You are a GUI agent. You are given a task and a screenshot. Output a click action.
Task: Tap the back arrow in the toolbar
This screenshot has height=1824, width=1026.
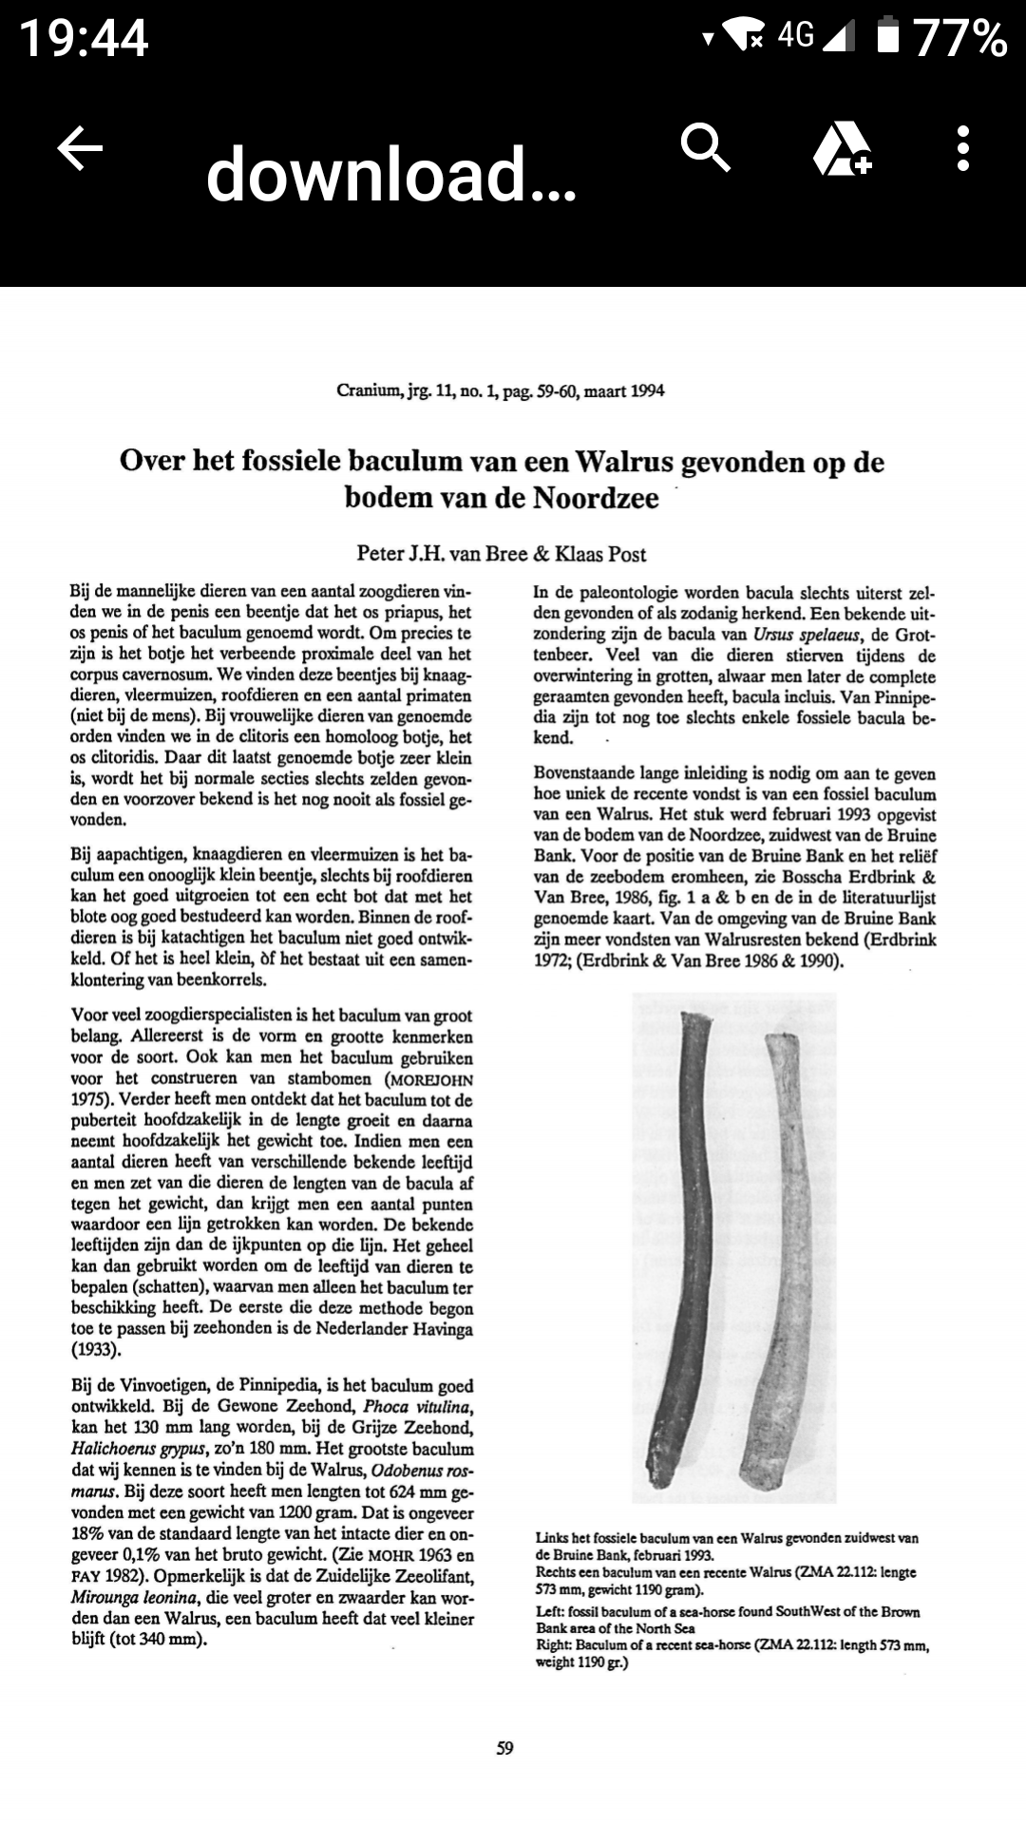pos(80,149)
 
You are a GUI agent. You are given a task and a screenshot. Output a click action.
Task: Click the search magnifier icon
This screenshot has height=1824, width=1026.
pos(706,147)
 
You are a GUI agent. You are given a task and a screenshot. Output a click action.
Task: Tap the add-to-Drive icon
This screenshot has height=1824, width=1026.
pos(842,149)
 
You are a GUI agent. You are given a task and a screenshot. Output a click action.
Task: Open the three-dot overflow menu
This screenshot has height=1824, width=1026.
pos(963,148)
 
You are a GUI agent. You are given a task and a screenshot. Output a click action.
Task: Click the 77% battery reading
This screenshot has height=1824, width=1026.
pos(959,38)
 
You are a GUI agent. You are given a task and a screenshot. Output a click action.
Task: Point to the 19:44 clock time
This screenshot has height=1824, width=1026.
pos(84,38)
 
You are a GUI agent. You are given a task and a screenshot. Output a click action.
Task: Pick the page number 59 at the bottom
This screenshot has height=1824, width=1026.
pos(504,1748)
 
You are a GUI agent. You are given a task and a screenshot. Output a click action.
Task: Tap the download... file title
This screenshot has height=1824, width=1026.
pos(390,175)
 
